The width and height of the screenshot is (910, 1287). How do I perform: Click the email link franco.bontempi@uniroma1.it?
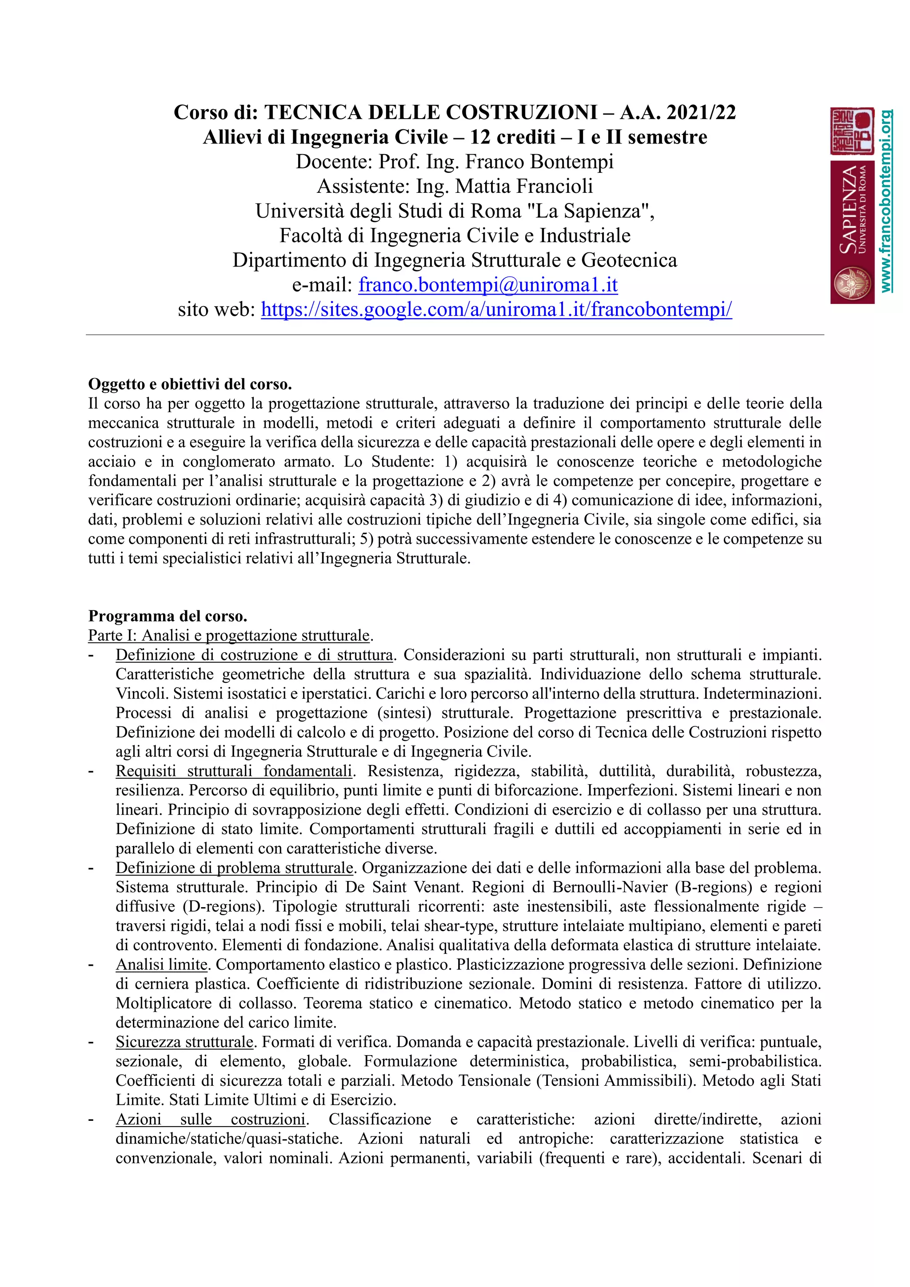click(488, 285)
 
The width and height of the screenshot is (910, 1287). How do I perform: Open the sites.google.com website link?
click(496, 309)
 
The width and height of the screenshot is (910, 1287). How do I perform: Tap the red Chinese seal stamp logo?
click(852, 131)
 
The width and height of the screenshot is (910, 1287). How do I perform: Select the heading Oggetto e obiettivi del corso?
click(190, 385)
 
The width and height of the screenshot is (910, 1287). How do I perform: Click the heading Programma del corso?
click(168, 616)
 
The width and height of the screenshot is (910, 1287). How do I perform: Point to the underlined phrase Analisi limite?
click(161, 964)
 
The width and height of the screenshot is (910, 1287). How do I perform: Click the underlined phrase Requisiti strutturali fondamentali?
click(234, 771)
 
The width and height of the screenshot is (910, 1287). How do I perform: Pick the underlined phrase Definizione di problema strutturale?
click(234, 868)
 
